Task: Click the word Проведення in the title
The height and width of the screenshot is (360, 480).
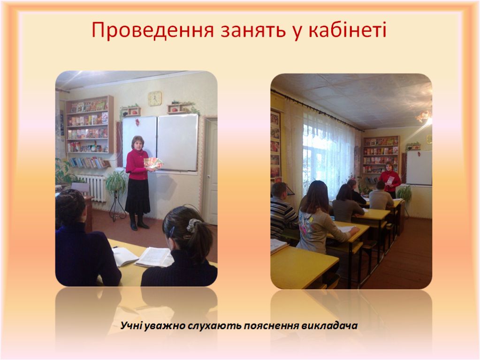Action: pos(152,30)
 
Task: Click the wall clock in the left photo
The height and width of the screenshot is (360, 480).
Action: pos(154,98)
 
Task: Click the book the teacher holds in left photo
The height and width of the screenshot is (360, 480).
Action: pos(153,163)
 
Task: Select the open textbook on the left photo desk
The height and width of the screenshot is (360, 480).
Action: pos(154,257)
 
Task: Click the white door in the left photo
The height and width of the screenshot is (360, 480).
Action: pos(211,171)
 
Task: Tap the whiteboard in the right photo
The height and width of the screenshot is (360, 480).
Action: pos(419,168)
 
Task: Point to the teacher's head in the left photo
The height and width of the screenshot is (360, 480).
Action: pos(138,142)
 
